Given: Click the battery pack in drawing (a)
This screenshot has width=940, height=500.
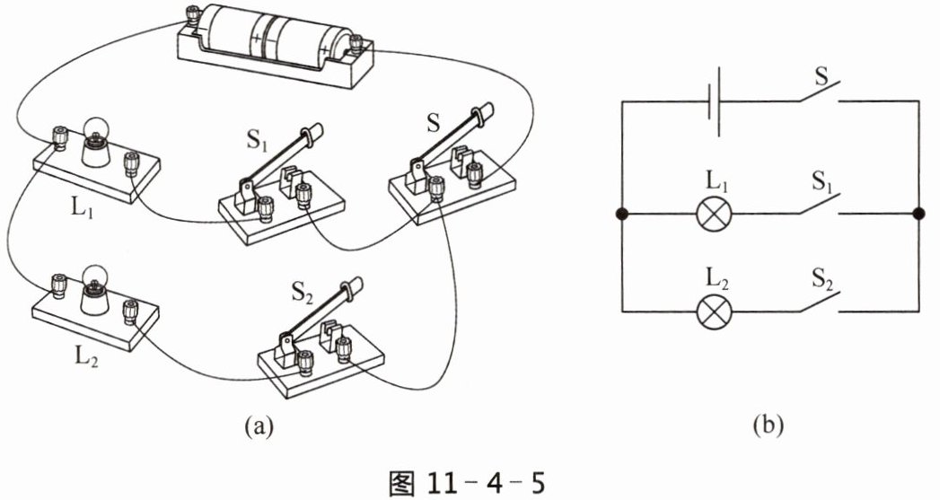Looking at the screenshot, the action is (275, 44).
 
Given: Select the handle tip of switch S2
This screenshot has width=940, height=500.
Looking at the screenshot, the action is (355, 285).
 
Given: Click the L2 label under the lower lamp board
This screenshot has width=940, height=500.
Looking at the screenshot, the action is (88, 356).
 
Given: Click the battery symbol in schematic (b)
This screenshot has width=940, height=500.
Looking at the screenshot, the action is (714, 102).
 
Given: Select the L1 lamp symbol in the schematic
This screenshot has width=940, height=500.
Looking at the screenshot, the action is (715, 214).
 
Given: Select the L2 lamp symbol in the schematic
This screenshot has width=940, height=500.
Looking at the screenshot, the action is (715, 311).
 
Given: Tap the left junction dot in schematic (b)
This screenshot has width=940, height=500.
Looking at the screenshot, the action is (622, 214).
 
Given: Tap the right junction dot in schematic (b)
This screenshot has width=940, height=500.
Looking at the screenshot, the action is (918, 214).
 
